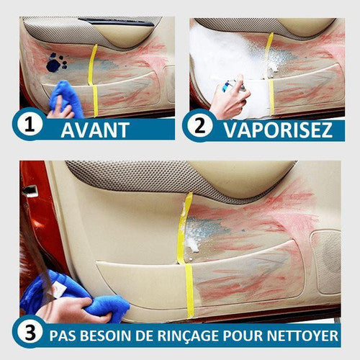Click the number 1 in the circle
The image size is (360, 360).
tap(30, 125)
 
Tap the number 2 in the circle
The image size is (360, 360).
tap(200, 125)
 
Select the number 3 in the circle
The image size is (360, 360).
tap(30, 333)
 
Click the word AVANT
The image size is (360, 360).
tap(95, 130)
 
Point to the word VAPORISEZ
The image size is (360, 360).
tap(278, 130)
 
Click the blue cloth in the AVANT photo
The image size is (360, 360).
tap(66, 99)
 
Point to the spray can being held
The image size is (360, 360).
tap(234, 86)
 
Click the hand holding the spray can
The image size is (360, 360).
tap(229, 99)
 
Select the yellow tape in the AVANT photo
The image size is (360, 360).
tap(93, 81)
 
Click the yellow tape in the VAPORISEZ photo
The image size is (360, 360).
tap(269, 74)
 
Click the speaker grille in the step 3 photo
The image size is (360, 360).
tap(326, 261)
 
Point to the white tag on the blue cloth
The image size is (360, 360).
tap(58, 289)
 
